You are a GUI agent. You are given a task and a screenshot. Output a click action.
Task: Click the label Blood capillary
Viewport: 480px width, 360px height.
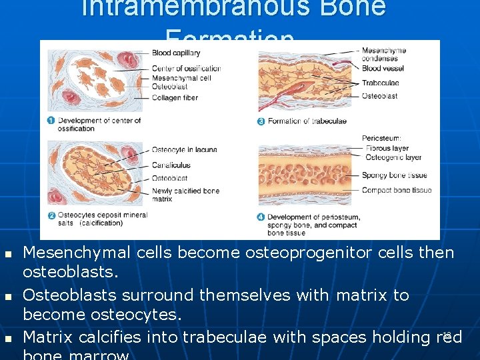tap(176, 53)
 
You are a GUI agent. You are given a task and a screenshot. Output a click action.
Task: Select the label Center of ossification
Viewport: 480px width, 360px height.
tap(186, 69)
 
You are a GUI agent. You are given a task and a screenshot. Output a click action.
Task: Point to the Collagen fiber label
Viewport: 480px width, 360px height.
tap(175, 98)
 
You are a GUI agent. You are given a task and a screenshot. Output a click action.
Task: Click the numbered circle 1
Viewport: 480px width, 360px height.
tap(51, 121)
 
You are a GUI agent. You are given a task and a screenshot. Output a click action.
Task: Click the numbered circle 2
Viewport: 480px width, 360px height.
tap(51, 215)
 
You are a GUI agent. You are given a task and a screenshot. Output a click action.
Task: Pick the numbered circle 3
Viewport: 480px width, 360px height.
tap(261, 121)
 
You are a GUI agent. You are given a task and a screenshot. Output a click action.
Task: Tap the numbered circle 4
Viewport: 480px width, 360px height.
tap(261, 217)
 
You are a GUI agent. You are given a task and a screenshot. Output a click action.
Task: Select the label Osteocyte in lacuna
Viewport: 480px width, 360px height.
tap(184, 149)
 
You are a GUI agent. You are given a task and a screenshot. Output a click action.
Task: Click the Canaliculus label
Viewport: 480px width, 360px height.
tap(171, 165)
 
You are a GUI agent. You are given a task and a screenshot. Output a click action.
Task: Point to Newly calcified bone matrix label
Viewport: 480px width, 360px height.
tap(185, 195)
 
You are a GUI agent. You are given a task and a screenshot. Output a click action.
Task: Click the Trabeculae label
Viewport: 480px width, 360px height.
tap(380, 83)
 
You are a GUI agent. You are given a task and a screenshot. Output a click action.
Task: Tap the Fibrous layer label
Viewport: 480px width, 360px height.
tap(387, 148)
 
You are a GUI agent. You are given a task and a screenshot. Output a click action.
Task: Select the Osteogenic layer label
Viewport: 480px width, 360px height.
tap(393, 157)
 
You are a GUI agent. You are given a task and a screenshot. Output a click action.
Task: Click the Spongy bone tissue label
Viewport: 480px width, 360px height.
tap(394, 175)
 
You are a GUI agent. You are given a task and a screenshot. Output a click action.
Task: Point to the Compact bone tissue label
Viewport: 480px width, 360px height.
tap(396, 190)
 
